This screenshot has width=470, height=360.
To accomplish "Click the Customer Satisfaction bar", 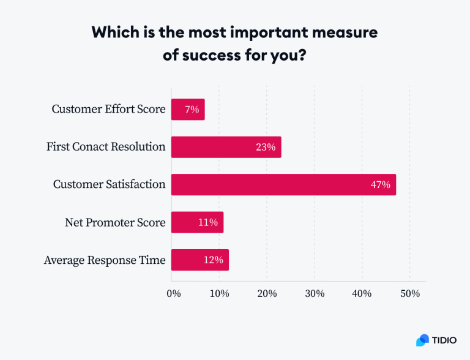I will (x=283, y=184).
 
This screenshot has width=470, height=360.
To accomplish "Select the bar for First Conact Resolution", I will (x=226, y=147).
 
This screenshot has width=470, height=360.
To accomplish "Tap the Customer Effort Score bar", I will (x=187, y=110).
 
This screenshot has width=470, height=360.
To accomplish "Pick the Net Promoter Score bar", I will (x=197, y=222).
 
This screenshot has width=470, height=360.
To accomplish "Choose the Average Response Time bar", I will (x=200, y=260).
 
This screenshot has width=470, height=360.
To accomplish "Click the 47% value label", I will (x=380, y=184).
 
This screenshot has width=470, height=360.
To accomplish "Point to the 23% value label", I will (x=266, y=147).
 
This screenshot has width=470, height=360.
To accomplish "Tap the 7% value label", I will (x=192, y=110).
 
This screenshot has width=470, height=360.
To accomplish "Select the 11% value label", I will (x=208, y=222).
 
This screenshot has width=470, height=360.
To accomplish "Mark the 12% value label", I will (x=213, y=260).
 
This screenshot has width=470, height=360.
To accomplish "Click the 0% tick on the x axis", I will (x=174, y=293).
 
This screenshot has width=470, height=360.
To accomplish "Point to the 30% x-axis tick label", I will (x=315, y=293).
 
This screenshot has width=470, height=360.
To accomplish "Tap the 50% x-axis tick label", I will (x=410, y=293).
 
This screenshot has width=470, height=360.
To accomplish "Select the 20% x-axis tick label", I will (x=267, y=293).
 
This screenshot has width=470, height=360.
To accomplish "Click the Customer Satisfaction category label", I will (x=109, y=184).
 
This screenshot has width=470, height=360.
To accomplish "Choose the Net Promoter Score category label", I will (x=115, y=222).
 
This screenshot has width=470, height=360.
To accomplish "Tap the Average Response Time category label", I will (x=105, y=260).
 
